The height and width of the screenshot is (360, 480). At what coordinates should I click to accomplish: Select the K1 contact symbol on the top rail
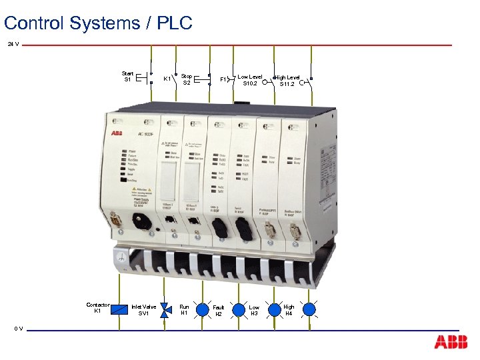click(177, 78)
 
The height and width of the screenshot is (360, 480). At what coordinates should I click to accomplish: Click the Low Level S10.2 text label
click(250, 80)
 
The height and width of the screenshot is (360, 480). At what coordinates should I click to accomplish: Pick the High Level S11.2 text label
click(287, 81)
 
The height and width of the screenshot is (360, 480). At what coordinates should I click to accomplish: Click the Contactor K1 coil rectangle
click(120, 309)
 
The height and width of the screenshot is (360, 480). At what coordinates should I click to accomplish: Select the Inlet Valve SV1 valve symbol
click(166, 309)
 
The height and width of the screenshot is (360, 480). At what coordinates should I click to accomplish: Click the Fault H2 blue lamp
click(238, 309)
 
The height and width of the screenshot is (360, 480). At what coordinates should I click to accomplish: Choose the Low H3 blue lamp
click(274, 309)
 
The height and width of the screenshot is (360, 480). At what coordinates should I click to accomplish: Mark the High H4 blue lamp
click(309, 309)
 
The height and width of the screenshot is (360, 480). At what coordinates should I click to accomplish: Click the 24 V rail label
click(13, 45)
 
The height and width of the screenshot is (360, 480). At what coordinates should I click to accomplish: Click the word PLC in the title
click(175, 23)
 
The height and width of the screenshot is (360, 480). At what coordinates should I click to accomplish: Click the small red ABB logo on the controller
click(117, 132)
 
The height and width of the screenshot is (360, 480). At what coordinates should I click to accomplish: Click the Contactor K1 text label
click(98, 307)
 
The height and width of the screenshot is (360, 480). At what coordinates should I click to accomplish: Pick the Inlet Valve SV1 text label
click(144, 310)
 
